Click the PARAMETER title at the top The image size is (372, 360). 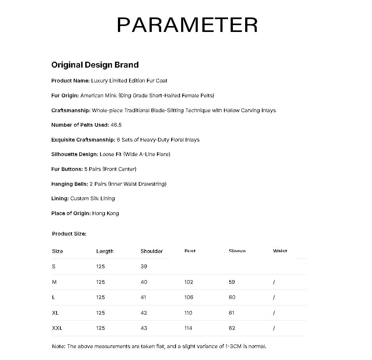pyautogui.click(x=187, y=25)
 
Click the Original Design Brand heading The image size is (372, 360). pyautogui.click(x=95, y=65)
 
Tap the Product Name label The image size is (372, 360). pyautogui.click(x=70, y=81)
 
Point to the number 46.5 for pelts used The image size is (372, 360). pyautogui.click(x=116, y=125)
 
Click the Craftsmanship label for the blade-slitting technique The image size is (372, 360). pyautogui.click(x=71, y=110)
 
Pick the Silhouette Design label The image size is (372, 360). pyautogui.click(x=75, y=154)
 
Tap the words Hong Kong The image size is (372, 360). pyautogui.click(x=106, y=213)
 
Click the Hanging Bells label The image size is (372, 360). pyautogui.click(x=70, y=184)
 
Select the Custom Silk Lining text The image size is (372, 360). pyautogui.click(x=93, y=198)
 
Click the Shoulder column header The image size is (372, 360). pyautogui.click(x=151, y=252)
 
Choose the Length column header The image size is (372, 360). pyautogui.click(x=105, y=252)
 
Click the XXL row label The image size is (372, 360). pyautogui.click(x=57, y=328)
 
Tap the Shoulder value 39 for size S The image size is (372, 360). pyautogui.click(x=144, y=266)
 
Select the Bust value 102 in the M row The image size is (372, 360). pyautogui.click(x=189, y=282)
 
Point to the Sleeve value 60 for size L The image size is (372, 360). pyautogui.click(x=232, y=297)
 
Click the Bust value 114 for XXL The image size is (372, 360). pyautogui.click(x=189, y=328)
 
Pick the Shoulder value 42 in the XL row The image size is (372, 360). pyautogui.click(x=144, y=313)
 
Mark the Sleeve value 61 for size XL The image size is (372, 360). pyautogui.click(x=232, y=313)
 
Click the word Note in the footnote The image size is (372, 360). pyautogui.click(x=58, y=346)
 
